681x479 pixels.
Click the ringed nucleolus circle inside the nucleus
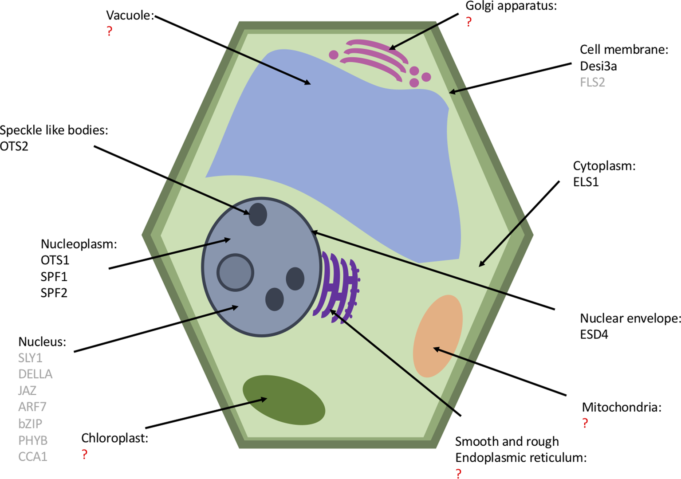[x=235, y=272]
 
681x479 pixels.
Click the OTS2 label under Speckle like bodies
[x=14, y=146]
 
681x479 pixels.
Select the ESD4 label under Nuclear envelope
[x=594, y=334]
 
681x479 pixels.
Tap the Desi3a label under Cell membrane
[x=598, y=66]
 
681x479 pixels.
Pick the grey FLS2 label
[x=592, y=82]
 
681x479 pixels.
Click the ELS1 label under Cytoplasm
[x=586, y=182]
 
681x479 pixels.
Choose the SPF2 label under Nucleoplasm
[x=54, y=293]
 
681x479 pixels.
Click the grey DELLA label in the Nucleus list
[x=35, y=374]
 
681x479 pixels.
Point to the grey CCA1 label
[x=33, y=456]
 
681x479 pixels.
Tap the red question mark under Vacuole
[x=110, y=31]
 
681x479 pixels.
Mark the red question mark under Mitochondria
[x=585, y=423]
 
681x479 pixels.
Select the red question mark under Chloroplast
[x=84, y=454]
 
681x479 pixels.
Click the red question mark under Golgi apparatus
[x=468, y=22]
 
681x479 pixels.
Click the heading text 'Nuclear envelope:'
[x=630, y=318]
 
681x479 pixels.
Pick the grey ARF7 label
[x=32, y=407]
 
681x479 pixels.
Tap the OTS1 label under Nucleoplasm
[x=55, y=260]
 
